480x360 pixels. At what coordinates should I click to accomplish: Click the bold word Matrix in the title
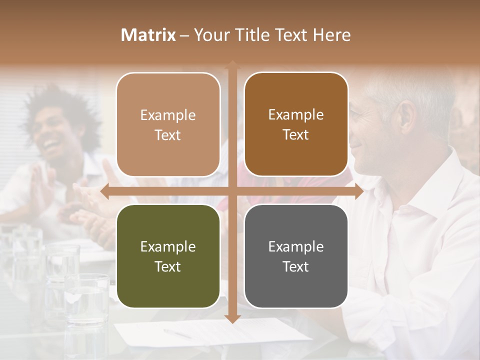coord(148,35)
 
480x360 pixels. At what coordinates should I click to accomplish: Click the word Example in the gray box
coord(296,246)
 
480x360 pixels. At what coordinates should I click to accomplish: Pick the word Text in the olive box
coord(167,266)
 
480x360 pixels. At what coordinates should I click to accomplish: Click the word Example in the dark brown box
coord(296,115)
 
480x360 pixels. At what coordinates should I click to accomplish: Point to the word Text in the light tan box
coord(167,135)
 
